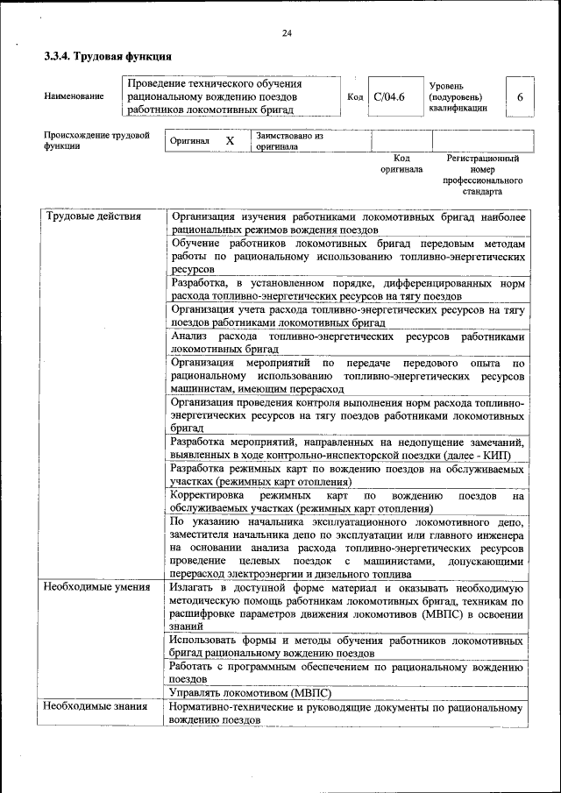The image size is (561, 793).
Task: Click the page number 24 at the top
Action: [x=286, y=33]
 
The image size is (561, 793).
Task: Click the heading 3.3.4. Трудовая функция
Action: [x=108, y=57]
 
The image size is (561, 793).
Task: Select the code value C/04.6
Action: [x=388, y=96]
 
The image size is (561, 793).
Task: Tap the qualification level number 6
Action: [x=520, y=96]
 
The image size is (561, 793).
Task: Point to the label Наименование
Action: [x=74, y=96]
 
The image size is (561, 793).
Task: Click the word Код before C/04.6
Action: [x=355, y=96]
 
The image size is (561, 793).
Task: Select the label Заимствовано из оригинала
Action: [x=289, y=142]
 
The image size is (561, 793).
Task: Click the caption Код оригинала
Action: [x=401, y=164]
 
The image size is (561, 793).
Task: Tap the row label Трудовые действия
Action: [x=93, y=216]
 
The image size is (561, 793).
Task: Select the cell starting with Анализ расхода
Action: [x=348, y=343]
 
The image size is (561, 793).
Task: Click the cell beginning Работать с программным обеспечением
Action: [x=348, y=672]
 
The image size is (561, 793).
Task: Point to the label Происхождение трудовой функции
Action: [x=96, y=142]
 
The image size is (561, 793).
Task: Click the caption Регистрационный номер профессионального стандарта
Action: [x=483, y=174]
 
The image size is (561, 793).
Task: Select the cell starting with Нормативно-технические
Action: [x=348, y=712]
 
